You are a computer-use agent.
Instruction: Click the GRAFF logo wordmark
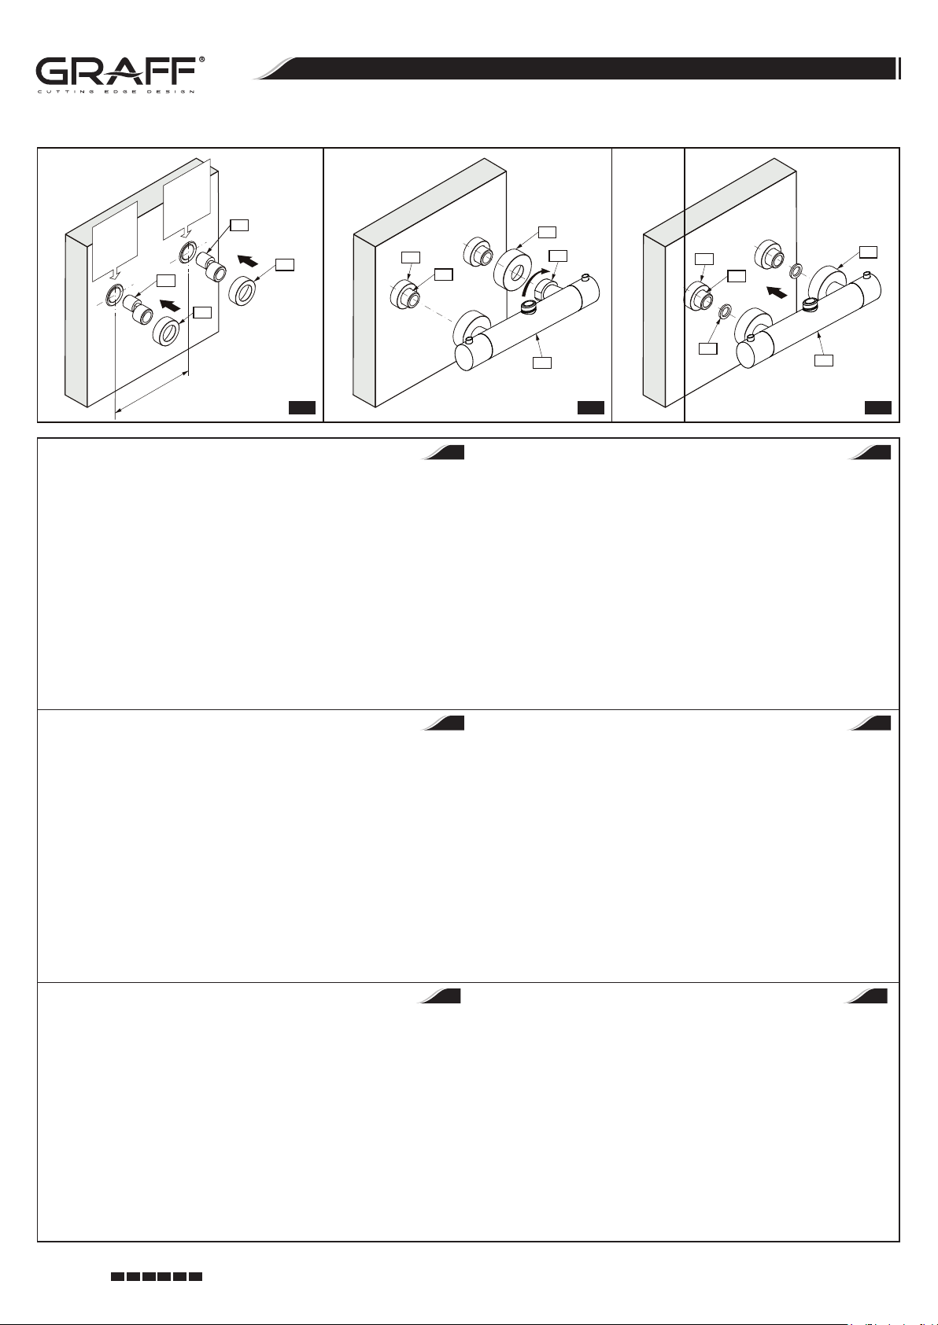pyautogui.click(x=116, y=72)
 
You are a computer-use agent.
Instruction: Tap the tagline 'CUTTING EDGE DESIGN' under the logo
pyautogui.click(x=116, y=92)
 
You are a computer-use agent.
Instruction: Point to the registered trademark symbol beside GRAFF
pyautogui.click(x=201, y=60)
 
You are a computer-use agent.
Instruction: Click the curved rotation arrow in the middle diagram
pyautogui.click(x=536, y=282)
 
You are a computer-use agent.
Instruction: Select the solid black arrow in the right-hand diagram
pyautogui.click(x=777, y=292)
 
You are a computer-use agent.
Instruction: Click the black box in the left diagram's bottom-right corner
pyautogui.click(x=302, y=407)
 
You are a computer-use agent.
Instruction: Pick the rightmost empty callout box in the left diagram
pyautogui.click(x=285, y=264)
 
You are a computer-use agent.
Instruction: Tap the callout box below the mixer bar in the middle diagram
pyautogui.click(x=542, y=362)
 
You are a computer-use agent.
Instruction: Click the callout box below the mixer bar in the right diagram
pyautogui.click(x=824, y=359)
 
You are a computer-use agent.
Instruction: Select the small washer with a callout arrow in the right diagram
pyautogui.click(x=723, y=311)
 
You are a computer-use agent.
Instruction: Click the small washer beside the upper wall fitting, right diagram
pyautogui.click(x=796, y=271)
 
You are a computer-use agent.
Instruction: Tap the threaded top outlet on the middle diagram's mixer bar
pyautogui.click(x=526, y=307)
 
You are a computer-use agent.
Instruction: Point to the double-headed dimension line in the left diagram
pyautogui.click(x=152, y=391)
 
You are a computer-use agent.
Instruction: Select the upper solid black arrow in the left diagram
pyautogui.click(x=247, y=260)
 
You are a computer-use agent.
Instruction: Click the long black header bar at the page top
pyautogui.click(x=577, y=68)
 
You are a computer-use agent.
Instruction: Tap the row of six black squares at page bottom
pyautogui.click(x=157, y=1276)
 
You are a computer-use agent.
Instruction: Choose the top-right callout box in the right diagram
pyautogui.click(x=868, y=252)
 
